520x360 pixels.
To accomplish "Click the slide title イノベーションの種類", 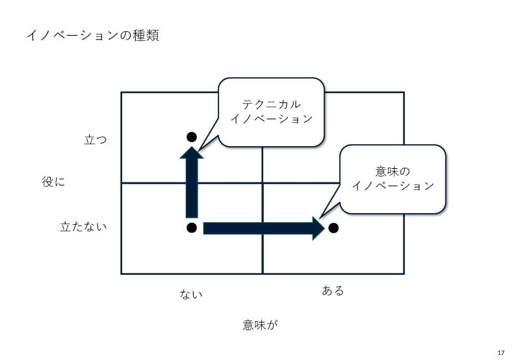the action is point(93,35).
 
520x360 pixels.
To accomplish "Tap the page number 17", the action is point(500,352).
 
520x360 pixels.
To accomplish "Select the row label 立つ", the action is point(96,140).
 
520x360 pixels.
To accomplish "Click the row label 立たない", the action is point(83,227).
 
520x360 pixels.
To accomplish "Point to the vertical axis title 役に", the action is point(53,182).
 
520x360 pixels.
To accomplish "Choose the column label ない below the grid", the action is point(191,294).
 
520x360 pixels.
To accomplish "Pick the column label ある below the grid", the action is point(333,290).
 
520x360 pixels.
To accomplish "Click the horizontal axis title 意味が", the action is point(260,325).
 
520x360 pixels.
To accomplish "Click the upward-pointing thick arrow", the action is point(192,182).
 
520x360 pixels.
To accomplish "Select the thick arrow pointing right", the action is point(264,228).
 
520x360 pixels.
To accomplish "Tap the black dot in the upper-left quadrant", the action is point(192,137).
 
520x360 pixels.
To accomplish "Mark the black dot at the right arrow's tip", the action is point(333,228).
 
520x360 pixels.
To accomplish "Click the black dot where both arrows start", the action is point(192,228).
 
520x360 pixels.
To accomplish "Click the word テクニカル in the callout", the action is point(271,105).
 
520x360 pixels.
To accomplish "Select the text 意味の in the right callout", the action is point(393,172).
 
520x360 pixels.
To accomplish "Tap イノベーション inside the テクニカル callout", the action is point(271,119).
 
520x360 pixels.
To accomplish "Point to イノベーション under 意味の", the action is point(393,186).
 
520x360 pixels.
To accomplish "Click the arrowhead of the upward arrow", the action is point(192,153).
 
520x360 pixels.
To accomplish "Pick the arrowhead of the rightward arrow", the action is point(318,228).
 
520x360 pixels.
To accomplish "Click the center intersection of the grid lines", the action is point(263,183).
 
